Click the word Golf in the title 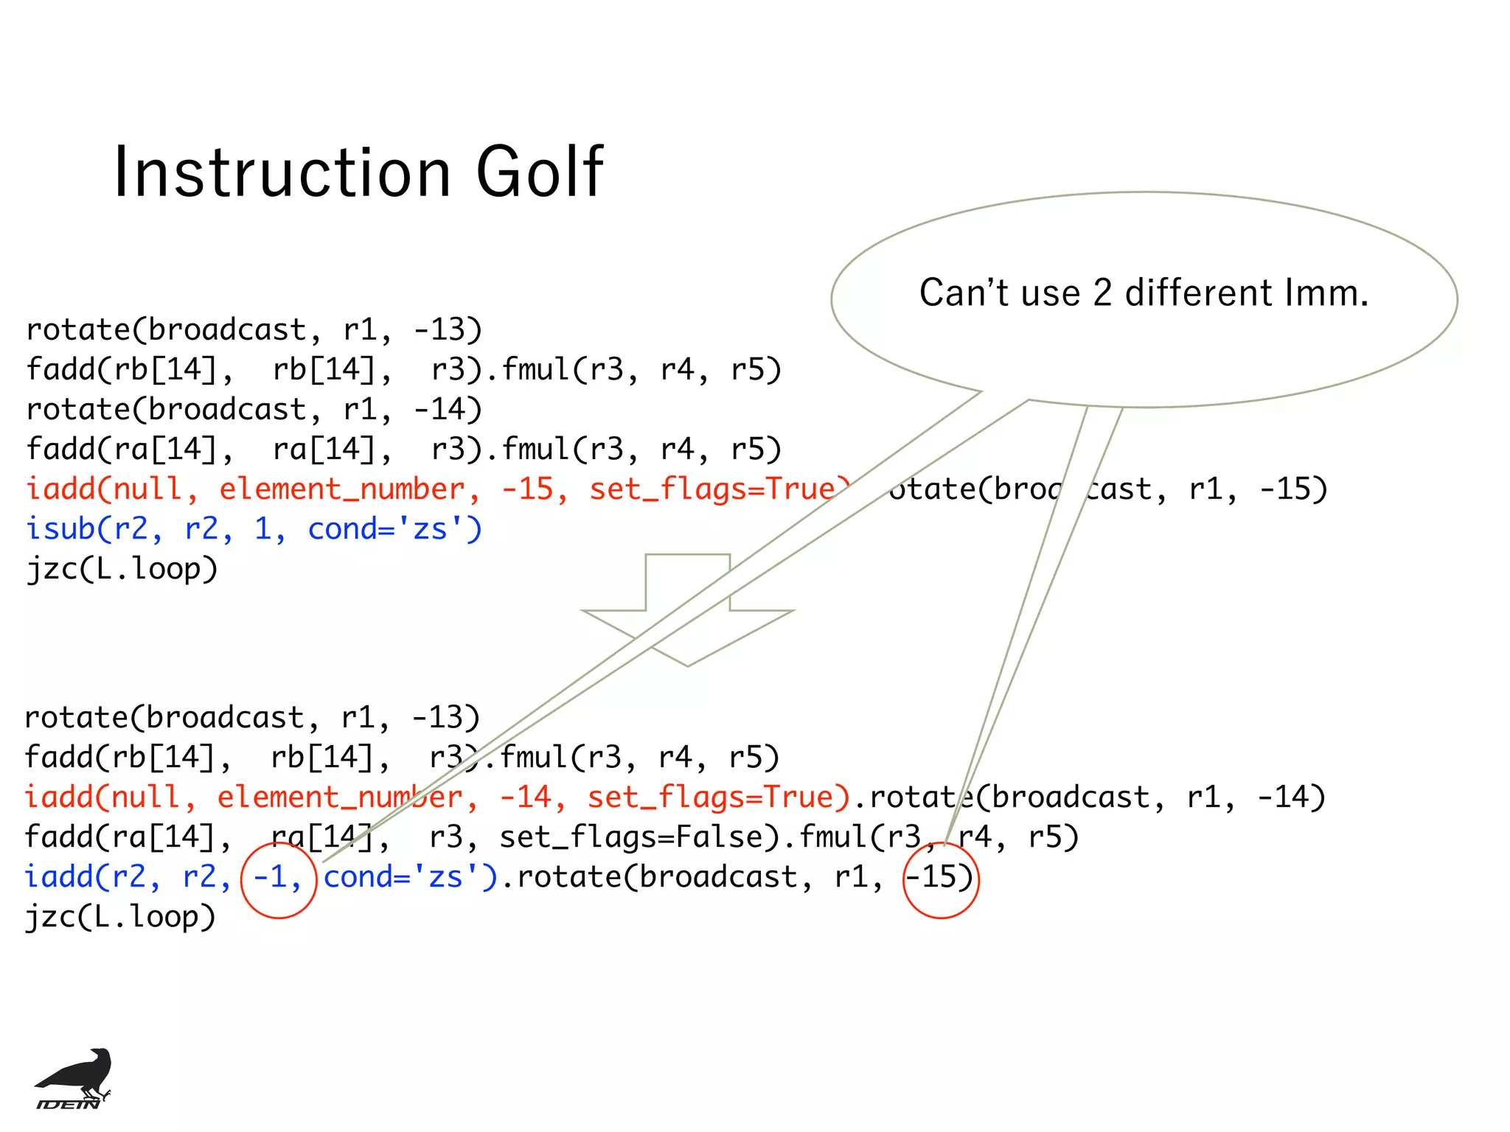tap(540, 172)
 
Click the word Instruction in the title tap(282, 172)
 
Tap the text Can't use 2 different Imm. tap(1144, 293)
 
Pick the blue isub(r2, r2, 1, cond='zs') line tap(254, 529)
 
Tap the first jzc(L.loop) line tap(122, 569)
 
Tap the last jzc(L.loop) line tap(120, 917)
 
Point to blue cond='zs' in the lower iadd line tap(409, 877)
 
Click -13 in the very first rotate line tap(446, 330)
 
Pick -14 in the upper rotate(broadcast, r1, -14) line tap(446, 410)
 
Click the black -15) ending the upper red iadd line tap(1292, 489)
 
